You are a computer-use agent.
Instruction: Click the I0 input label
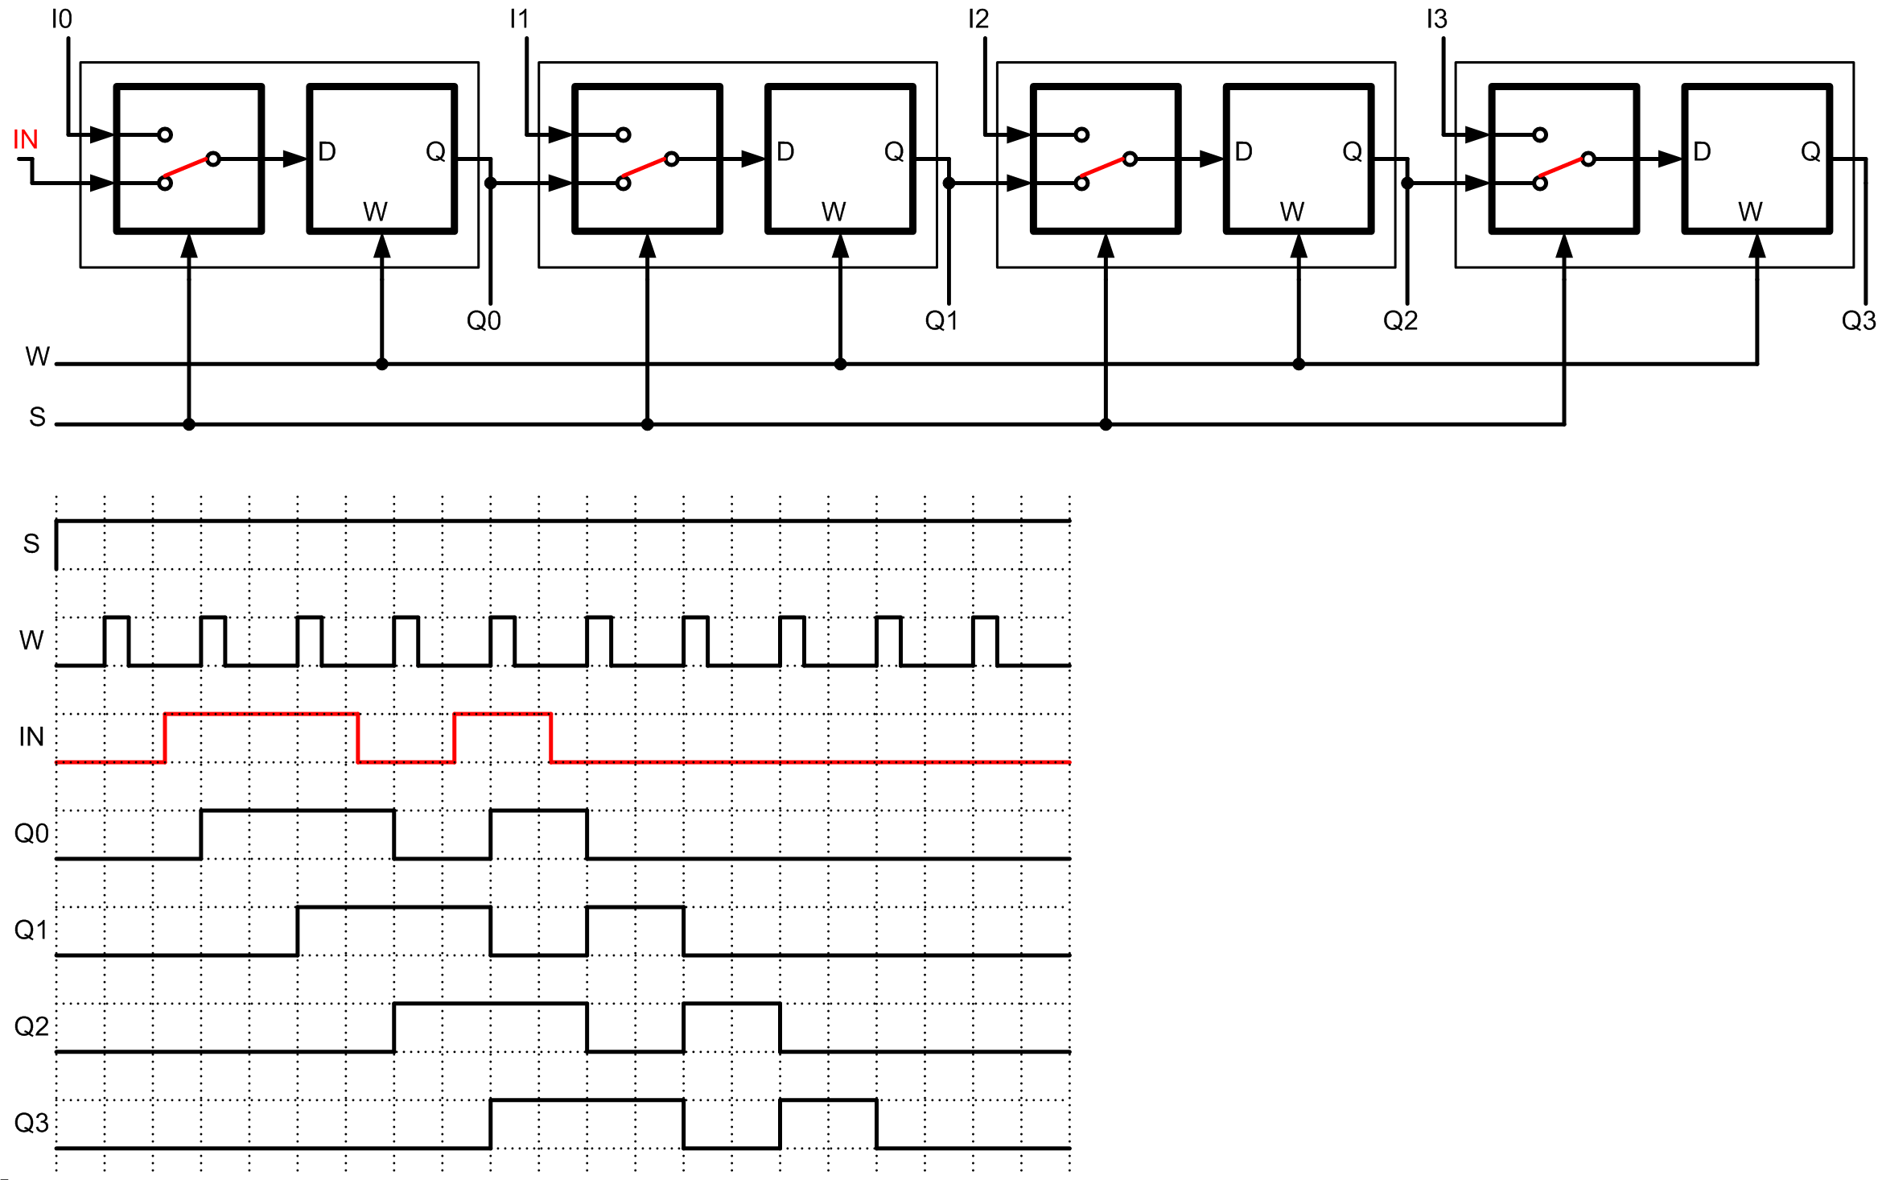[x=61, y=19]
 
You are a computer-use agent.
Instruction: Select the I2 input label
[x=978, y=19]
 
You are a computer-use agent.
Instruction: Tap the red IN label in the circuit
[x=26, y=140]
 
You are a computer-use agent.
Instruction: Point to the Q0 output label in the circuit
[x=484, y=321]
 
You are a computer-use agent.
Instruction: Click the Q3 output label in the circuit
[x=1858, y=321]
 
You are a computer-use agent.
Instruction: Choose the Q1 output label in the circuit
[x=941, y=321]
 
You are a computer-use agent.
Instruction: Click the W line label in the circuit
[x=37, y=357]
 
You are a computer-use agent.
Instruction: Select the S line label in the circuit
[x=37, y=417]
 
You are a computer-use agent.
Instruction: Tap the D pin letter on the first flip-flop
[x=327, y=152]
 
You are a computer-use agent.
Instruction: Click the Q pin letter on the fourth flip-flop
[x=1810, y=152]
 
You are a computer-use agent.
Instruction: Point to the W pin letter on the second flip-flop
[x=834, y=212]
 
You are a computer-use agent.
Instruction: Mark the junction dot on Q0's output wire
[x=491, y=184]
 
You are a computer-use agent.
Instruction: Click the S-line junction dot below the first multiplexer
[x=189, y=424]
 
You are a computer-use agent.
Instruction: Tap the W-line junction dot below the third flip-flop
[x=1299, y=364]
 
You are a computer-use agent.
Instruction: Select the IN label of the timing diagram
[x=31, y=736]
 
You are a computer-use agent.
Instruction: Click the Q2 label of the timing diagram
[x=31, y=1026]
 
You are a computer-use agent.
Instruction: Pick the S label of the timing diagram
[x=31, y=544]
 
